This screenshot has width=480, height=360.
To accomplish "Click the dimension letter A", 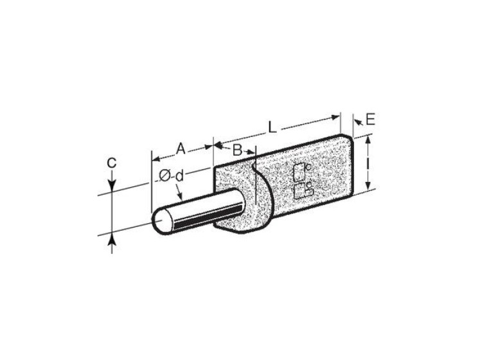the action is coord(181,149).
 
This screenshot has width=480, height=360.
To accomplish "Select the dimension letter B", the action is coord(237,150).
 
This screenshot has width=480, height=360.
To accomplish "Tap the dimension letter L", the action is coord(272,127).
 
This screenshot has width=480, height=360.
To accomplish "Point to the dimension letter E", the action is coord(370,119).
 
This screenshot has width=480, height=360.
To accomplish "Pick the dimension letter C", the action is coord(111,163).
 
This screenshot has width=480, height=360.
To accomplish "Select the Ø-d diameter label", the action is coord(172,176).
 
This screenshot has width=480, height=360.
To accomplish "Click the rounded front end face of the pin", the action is coord(162,221).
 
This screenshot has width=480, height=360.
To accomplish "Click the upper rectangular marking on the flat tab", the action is coord(299,172).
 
